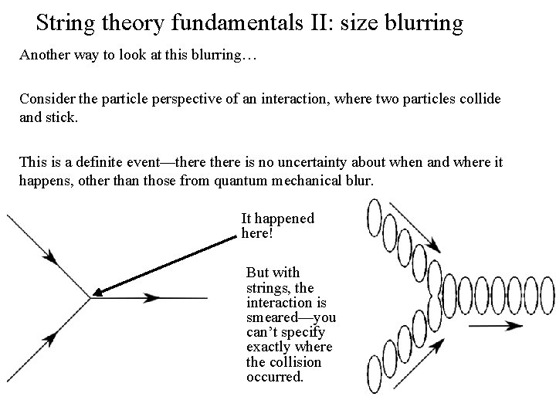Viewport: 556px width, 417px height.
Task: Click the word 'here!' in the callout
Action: [x=258, y=233]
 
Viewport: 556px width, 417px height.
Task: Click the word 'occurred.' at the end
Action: [x=274, y=377]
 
